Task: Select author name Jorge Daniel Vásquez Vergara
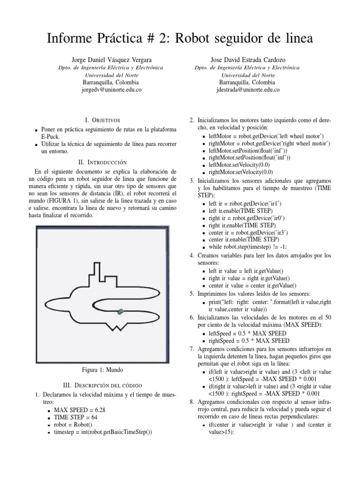coord(111,60)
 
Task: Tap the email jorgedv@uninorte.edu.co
coord(111,89)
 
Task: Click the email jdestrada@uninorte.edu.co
coord(249,89)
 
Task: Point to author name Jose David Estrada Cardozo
coord(249,60)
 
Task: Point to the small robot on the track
coord(121,311)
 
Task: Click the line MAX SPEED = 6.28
coord(80,409)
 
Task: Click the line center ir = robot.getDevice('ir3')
coord(249,232)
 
